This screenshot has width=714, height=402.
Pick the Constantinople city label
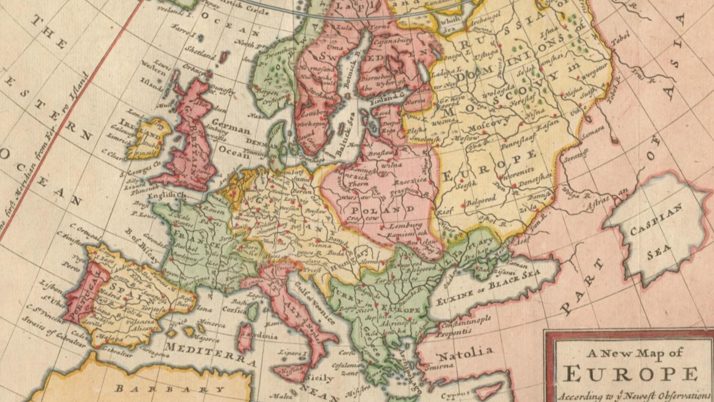[466, 322]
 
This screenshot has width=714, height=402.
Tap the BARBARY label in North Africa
[170, 389]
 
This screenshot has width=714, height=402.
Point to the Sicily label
[319, 378]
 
